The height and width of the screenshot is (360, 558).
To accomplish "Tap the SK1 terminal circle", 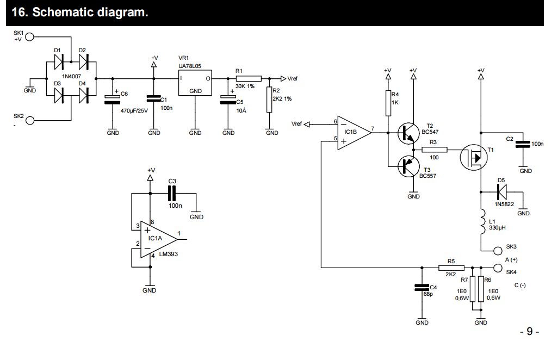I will pyautogui.click(x=30, y=36).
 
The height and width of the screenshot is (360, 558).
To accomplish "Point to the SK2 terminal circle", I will pyautogui.click(x=30, y=120).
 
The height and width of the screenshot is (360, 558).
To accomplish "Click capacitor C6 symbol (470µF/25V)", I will pyautogui.click(x=113, y=98).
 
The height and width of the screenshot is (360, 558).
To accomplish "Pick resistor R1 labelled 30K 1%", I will pyautogui.click(x=248, y=78).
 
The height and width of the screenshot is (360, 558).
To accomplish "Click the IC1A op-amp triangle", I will pyautogui.click(x=158, y=239).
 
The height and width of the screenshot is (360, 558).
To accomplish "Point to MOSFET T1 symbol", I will pyautogui.click(x=473, y=158).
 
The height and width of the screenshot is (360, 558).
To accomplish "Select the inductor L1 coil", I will pyautogui.click(x=481, y=224).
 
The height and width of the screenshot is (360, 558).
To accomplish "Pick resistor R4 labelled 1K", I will pyautogui.click(x=388, y=103).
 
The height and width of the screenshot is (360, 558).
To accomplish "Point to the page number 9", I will pyautogui.click(x=529, y=332).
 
